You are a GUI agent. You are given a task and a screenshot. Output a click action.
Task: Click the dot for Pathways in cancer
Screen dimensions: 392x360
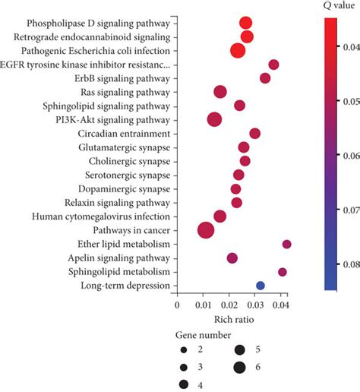coord(206,230)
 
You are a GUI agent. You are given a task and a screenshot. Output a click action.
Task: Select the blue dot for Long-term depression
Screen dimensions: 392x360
coord(261,286)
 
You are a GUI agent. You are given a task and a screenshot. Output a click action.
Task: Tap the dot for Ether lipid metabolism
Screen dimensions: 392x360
coord(286,244)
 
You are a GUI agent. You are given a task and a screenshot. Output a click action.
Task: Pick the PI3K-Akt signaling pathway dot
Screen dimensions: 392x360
coord(215,119)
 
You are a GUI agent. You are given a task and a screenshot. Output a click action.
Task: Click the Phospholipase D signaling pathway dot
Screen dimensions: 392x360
coord(245,23)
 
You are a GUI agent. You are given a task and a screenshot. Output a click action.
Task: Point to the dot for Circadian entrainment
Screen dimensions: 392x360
coord(255,134)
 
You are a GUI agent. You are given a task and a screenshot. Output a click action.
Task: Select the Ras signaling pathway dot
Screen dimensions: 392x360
coord(220,92)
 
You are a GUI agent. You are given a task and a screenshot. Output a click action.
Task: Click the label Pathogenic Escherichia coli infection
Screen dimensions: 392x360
coord(96,51)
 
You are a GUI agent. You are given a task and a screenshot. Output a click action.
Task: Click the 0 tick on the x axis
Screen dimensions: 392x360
coord(177,305)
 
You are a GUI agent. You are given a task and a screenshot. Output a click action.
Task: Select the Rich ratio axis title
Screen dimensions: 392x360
coord(232,319)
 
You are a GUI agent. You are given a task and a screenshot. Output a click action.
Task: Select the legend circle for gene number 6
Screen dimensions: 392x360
coord(240,368)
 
